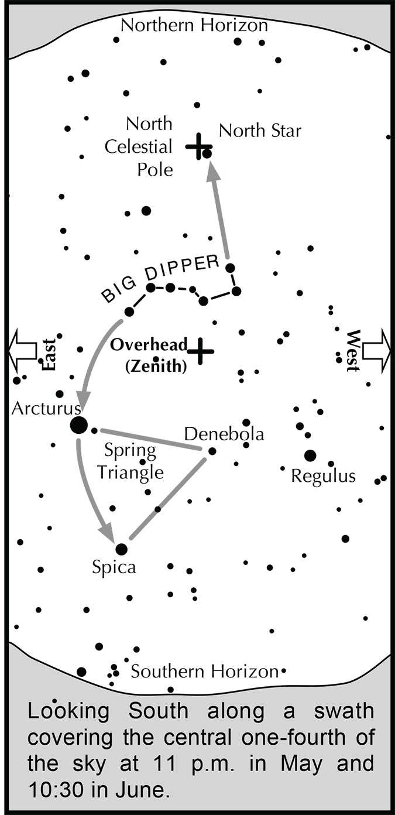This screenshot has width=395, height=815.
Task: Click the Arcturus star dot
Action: (78, 425)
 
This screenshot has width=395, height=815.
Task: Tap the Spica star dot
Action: (121, 549)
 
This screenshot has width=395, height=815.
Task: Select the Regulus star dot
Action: (310, 456)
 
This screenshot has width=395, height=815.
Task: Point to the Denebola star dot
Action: (212, 451)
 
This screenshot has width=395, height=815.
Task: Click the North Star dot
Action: (207, 154)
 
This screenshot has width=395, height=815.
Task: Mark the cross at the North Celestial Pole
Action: (198, 146)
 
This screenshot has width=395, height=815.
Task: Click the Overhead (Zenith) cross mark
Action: (201, 351)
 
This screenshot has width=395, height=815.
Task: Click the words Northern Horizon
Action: (194, 26)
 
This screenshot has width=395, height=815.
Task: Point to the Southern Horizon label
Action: (203, 672)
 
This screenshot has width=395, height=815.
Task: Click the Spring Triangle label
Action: (130, 461)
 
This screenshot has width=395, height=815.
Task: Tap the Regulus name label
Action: (323, 476)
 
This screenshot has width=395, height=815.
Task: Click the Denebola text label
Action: (224, 434)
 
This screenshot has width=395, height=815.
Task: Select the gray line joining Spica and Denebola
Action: (167, 498)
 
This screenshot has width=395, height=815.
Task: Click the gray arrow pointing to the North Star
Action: (219, 211)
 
